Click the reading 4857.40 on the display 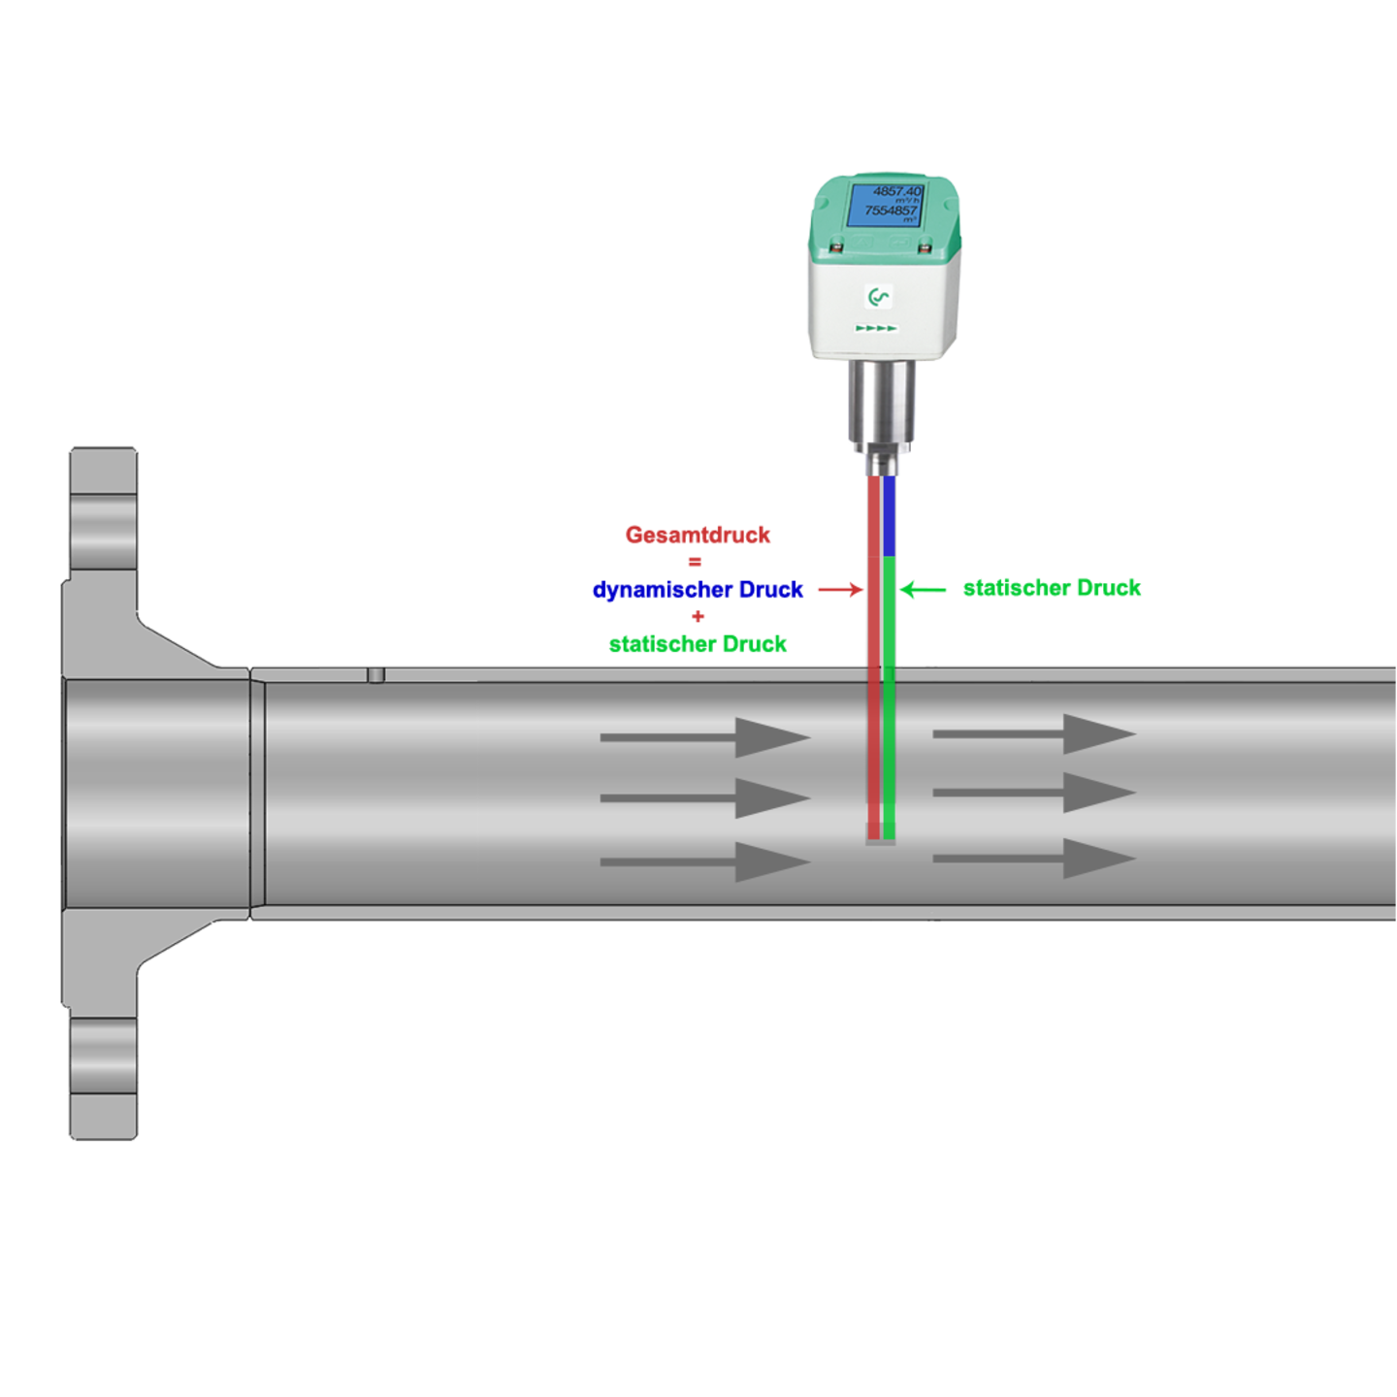click(896, 192)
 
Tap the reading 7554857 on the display click(891, 211)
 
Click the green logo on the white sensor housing click(879, 297)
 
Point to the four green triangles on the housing click(876, 328)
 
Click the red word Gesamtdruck click(698, 535)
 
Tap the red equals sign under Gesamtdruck click(695, 562)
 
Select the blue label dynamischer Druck click(698, 590)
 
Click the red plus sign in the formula click(698, 616)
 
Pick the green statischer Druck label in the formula click(698, 644)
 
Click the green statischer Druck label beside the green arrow click(1053, 588)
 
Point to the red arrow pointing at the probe click(839, 589)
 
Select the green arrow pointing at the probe click(923, 589)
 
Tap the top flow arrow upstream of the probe click(705, 737)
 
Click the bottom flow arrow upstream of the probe click(705, 861)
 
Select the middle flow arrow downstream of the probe click(1034, 793)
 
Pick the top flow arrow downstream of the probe click(1034, 734)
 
